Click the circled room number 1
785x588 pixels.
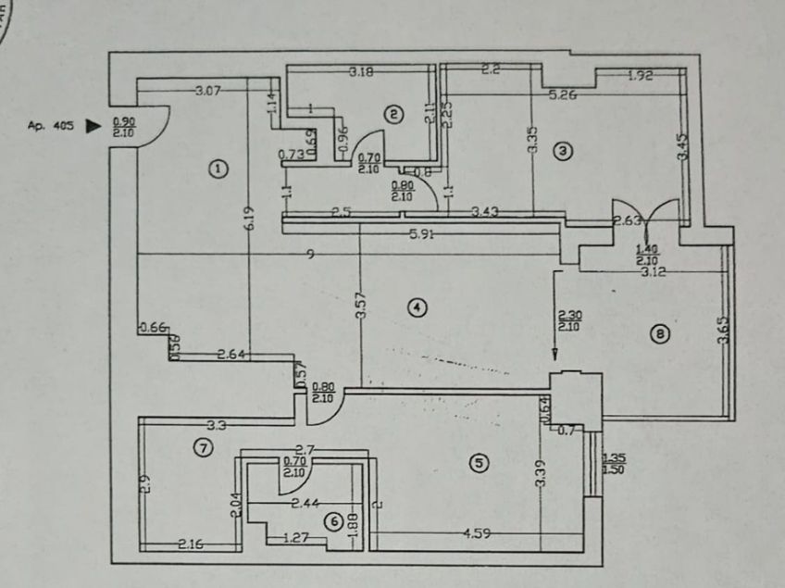217,169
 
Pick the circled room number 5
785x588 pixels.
478,463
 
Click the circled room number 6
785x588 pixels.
333,522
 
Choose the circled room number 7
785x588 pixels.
203,448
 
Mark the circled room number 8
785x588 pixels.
658,333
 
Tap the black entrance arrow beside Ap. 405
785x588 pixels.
92,125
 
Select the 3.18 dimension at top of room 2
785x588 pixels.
361,71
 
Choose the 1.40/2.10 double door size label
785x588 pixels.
647,255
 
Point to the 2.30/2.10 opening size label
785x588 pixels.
567,320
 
